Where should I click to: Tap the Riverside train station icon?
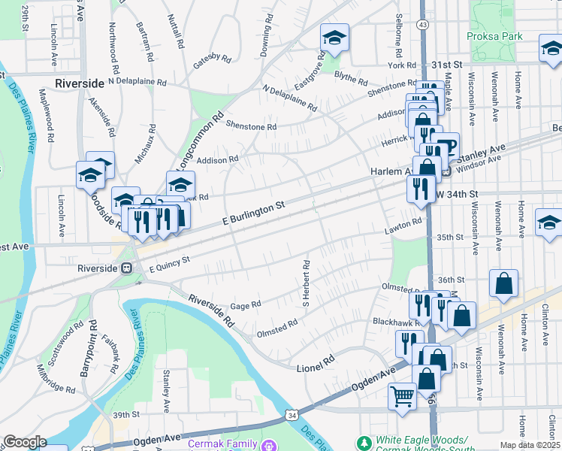[x=127, y=268]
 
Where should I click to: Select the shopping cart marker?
[x=402, y=395]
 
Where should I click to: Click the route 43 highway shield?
[x=424, y=25]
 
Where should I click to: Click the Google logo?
[x=25, y=442]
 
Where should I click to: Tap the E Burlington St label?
[x=255, y=213]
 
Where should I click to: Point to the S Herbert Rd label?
[x=306, y=284]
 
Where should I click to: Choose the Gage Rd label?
[x=246, y=304]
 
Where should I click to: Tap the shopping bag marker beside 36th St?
[x=503, y=283]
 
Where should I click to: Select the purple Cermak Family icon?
[x=267, y=444]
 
